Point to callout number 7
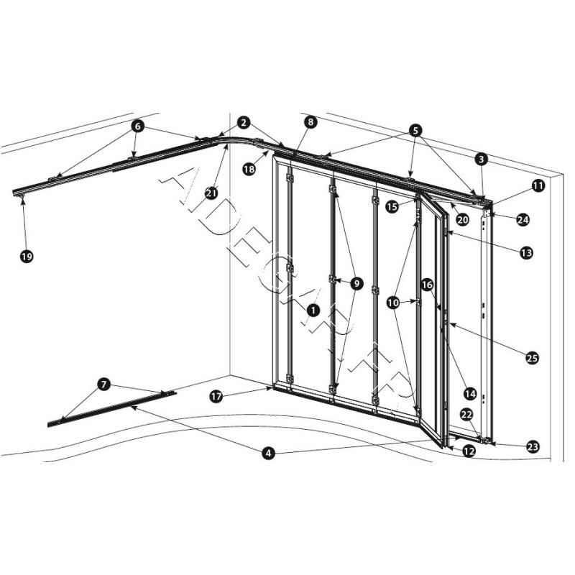click(104, 385)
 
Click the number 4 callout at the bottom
click(267, 454)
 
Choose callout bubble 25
click(532, 357)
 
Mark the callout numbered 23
click(532, 446)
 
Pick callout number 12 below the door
click(469, 451)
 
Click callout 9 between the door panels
click(356, 283)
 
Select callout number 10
click(392, 303)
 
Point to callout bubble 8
click(310, 122)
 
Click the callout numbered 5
click(415, 130)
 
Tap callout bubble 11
click(538, 185)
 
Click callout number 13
click(527, 252)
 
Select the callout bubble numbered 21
click(211, 192)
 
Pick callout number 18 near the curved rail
click(249, 169)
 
